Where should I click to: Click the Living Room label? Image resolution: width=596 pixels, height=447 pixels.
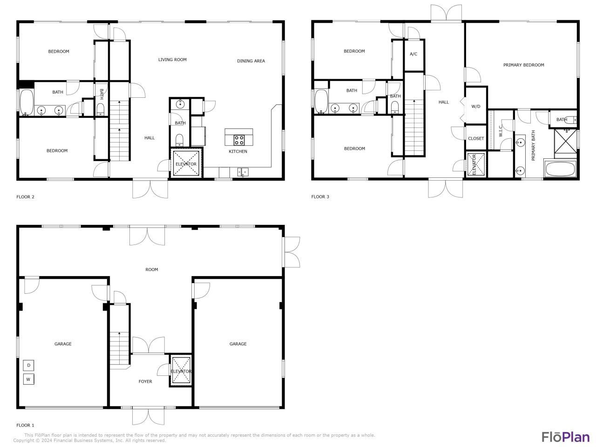[x=172, y=60]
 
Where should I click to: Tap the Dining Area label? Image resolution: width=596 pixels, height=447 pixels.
[x=251, y=61]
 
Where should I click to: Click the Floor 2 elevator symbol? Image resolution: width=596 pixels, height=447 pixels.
[x=186, y=164]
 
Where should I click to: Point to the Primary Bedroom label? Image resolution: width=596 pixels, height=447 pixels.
[x=523, y=65]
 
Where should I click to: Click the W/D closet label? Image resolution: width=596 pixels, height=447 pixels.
[x=475, y=107]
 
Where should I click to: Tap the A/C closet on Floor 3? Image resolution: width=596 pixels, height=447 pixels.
[x=413, y=54]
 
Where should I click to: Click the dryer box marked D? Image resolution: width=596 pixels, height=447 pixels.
[x=28, y=365]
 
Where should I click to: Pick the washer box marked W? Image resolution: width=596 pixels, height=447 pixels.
[x=28, y=379]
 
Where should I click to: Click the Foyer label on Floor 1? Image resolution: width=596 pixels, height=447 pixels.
[x=145, y=382]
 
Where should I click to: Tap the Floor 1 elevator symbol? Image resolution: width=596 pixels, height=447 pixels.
[x=181, y=371]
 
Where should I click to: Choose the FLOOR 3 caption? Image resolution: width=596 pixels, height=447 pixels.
[x=320, y=197]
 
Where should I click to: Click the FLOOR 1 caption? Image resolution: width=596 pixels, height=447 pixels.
[x=26, y=426]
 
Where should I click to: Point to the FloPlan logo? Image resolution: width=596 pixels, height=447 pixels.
[x=566, y=437]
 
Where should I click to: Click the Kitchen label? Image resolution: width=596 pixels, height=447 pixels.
[x=237, y=152]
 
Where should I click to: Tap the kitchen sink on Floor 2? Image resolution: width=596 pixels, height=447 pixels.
[x=243, y=172]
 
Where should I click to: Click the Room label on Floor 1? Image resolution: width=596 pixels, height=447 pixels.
[x=152, y=270]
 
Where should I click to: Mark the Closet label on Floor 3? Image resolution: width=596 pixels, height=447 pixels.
[x=476, y=139]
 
